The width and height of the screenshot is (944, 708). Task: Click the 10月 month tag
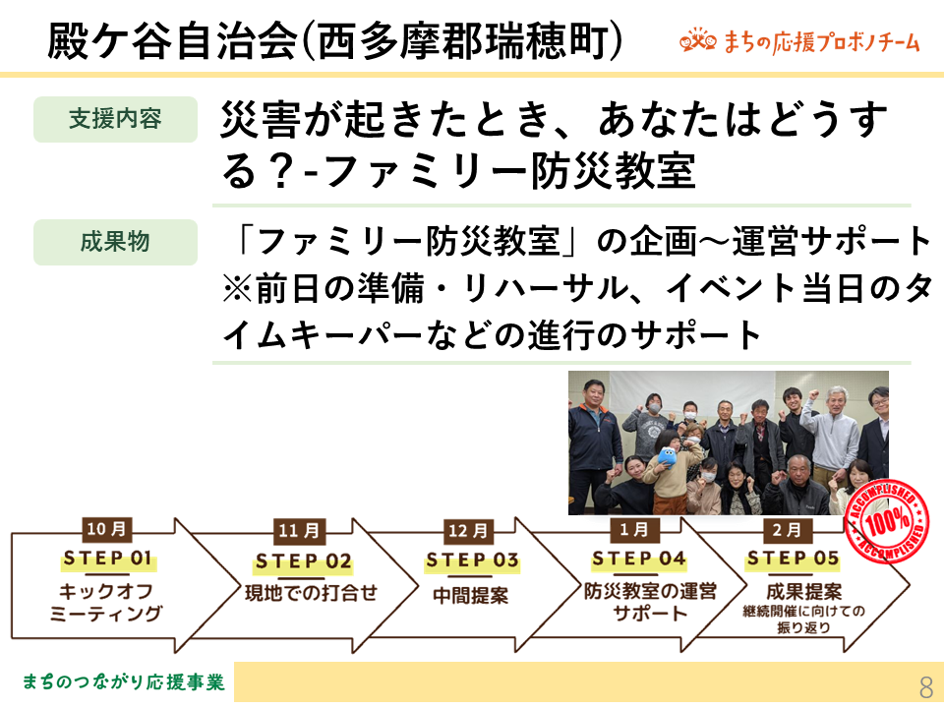click(x=106, y=529)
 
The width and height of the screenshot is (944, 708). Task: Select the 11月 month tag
click(x=299, y=531)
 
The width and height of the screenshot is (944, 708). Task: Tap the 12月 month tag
click(x=468, y=531)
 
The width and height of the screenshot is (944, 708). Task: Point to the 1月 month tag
click(x=634, y=530)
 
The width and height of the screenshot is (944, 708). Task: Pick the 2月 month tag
click(x=788, y=530)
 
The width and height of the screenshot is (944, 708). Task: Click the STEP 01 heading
click(x=108, y=559)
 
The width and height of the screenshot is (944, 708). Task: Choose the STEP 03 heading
click(x=473, y=561)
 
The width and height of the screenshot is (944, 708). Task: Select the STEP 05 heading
click(x=793, y=560)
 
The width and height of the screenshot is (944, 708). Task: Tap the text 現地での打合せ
click(x=311, y=593)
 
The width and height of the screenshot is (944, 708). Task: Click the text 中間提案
click(x=471, y=596)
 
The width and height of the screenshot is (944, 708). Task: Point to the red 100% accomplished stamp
click(x=886, y=521)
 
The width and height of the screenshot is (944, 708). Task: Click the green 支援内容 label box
click(x=116, y=119)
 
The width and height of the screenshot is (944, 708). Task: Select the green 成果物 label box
click(x=116, y=242)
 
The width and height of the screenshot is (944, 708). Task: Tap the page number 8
click(x=926, y=686)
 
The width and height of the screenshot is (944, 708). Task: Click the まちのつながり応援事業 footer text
click(x=124, y=682)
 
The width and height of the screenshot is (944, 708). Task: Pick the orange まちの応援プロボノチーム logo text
click(x=822, y=42)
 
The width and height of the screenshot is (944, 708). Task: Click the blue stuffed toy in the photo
click(x=669, y=456)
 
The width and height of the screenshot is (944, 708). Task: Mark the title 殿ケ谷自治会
click(x=173, y=41)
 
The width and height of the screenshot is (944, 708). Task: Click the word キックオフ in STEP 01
click(x=106, y=591)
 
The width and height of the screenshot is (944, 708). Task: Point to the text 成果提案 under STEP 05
click(x=803, y=591)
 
